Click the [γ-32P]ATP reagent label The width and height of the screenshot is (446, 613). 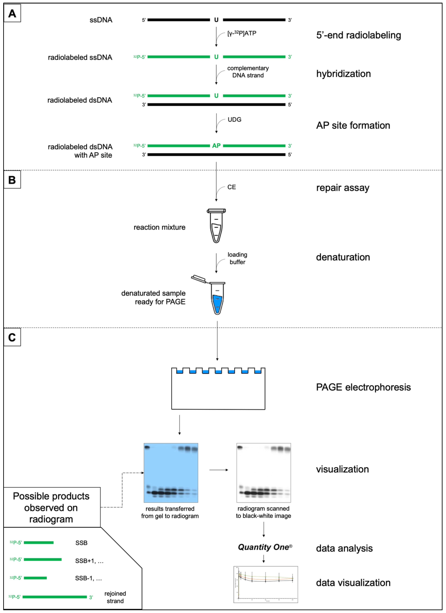click(242, 33)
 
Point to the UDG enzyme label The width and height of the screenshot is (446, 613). click(234, 119)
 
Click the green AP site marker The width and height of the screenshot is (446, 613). click(216, 146)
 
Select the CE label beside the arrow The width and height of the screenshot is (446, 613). click(231, 187)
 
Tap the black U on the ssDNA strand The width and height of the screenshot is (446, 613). click(216, 20)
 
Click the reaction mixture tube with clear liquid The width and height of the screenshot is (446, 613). click(216, 226)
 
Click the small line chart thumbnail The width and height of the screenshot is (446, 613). click(266, 584)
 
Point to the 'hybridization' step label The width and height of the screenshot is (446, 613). click(343, 74)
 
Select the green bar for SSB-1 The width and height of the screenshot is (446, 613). click(35, 578)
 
